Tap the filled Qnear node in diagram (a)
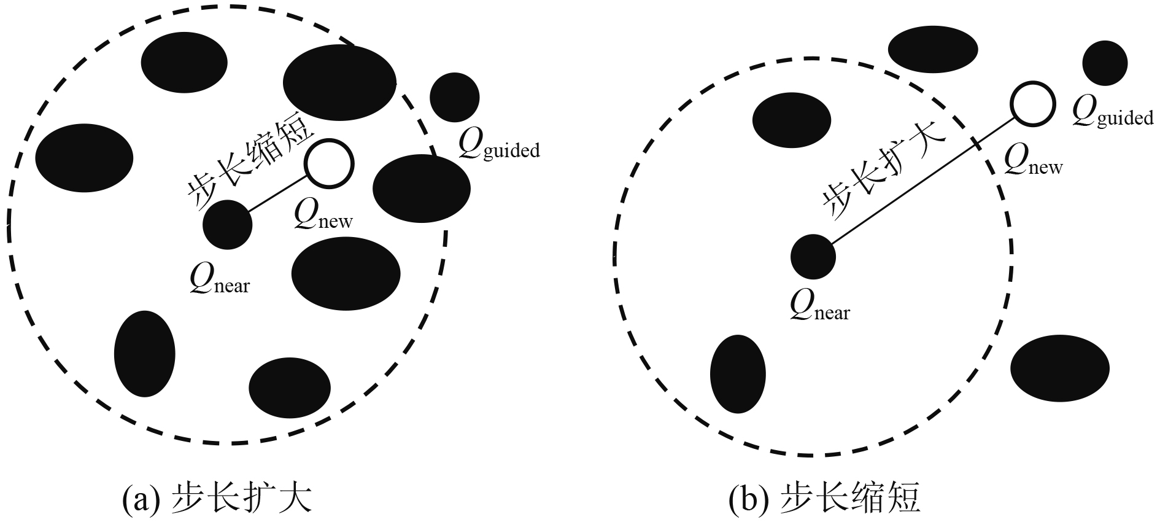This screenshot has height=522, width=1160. point(228,225)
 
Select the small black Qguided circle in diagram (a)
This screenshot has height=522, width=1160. point(454,97)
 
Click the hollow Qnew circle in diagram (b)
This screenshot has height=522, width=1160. point(1033,104)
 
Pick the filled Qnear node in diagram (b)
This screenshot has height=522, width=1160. point(813,257)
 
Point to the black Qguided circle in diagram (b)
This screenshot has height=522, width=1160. point(1105,63)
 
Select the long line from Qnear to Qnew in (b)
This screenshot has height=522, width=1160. point(921,182)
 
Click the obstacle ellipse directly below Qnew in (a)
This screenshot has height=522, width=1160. point(346,273)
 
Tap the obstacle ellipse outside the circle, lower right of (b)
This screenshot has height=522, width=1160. point(1060,368)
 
